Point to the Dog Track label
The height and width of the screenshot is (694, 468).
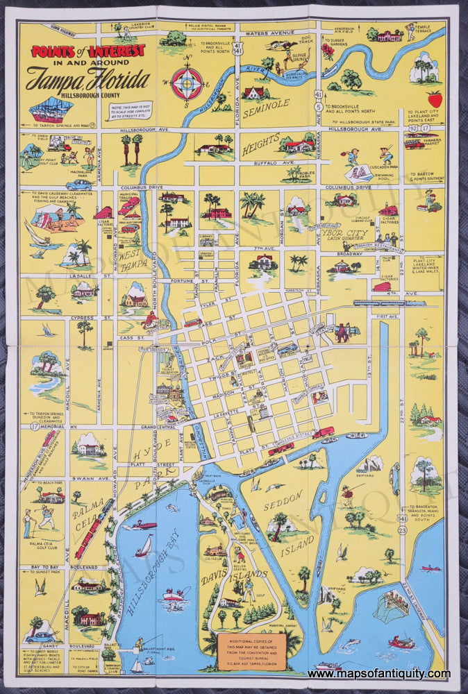(x=304, y=43)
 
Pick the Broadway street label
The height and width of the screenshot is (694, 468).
(x=349, y=254)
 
